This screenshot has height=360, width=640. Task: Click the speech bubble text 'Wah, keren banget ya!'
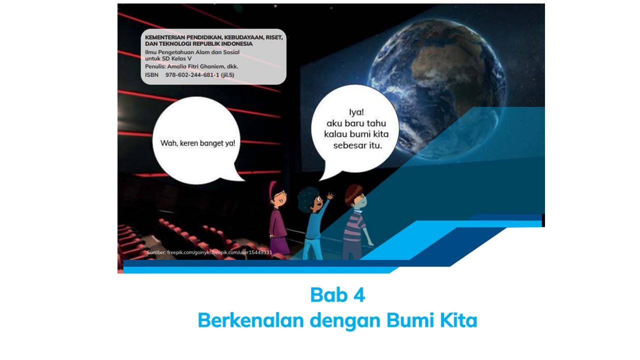tap(197, 143)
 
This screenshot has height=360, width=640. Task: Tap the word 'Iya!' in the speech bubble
tap(356, 112)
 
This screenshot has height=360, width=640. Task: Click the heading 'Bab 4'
tap(337, 295)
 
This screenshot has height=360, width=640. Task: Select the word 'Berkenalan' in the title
tap(250, 320)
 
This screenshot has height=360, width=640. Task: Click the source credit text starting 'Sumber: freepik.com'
tap(209, 252)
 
